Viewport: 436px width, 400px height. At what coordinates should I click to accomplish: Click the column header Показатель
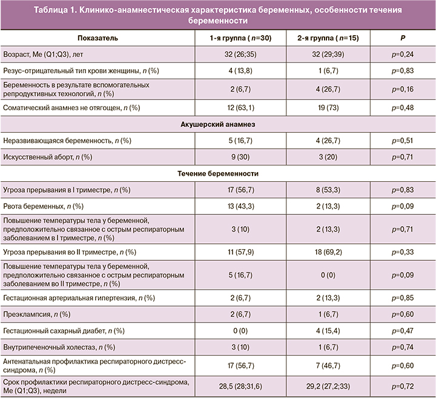[x=97, y=38]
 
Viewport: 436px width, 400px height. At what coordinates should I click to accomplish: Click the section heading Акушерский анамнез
[x=218, y=124]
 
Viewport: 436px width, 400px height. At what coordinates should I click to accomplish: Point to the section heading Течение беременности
[x=218, y=174]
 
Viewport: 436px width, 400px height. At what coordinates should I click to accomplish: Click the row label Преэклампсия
[x=36, y=314]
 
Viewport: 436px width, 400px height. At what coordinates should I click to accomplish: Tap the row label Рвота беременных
[x=41, y=206]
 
